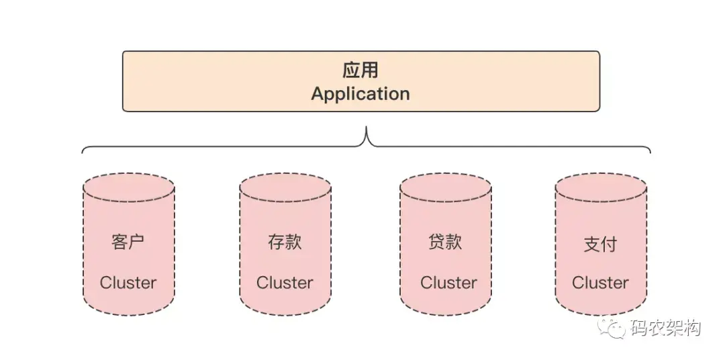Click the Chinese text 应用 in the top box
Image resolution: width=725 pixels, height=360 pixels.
tap(360, 71)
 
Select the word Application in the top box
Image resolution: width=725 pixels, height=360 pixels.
tap(360, 93)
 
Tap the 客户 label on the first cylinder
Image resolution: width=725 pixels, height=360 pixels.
tap(128, 242)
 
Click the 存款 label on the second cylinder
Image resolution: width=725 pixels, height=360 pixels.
tap(285, 242)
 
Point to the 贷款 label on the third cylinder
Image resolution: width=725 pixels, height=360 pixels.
tap(445, 242)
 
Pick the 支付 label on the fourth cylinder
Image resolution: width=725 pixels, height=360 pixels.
tap(600, 244)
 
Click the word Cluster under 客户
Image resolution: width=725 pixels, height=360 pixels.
tap(128, 283)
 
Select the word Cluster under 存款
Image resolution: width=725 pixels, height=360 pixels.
tap(285, 283)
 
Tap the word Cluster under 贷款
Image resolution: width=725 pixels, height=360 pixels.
tap(448, 283)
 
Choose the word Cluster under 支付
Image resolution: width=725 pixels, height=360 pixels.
tap(600, 283)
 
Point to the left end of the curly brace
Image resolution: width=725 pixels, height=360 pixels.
tap(83, 152)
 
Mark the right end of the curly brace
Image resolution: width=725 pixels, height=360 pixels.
tap(649, 152)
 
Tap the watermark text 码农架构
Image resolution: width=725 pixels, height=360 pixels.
tap(666, 328)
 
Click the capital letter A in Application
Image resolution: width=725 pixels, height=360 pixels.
tap(318, 93)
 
